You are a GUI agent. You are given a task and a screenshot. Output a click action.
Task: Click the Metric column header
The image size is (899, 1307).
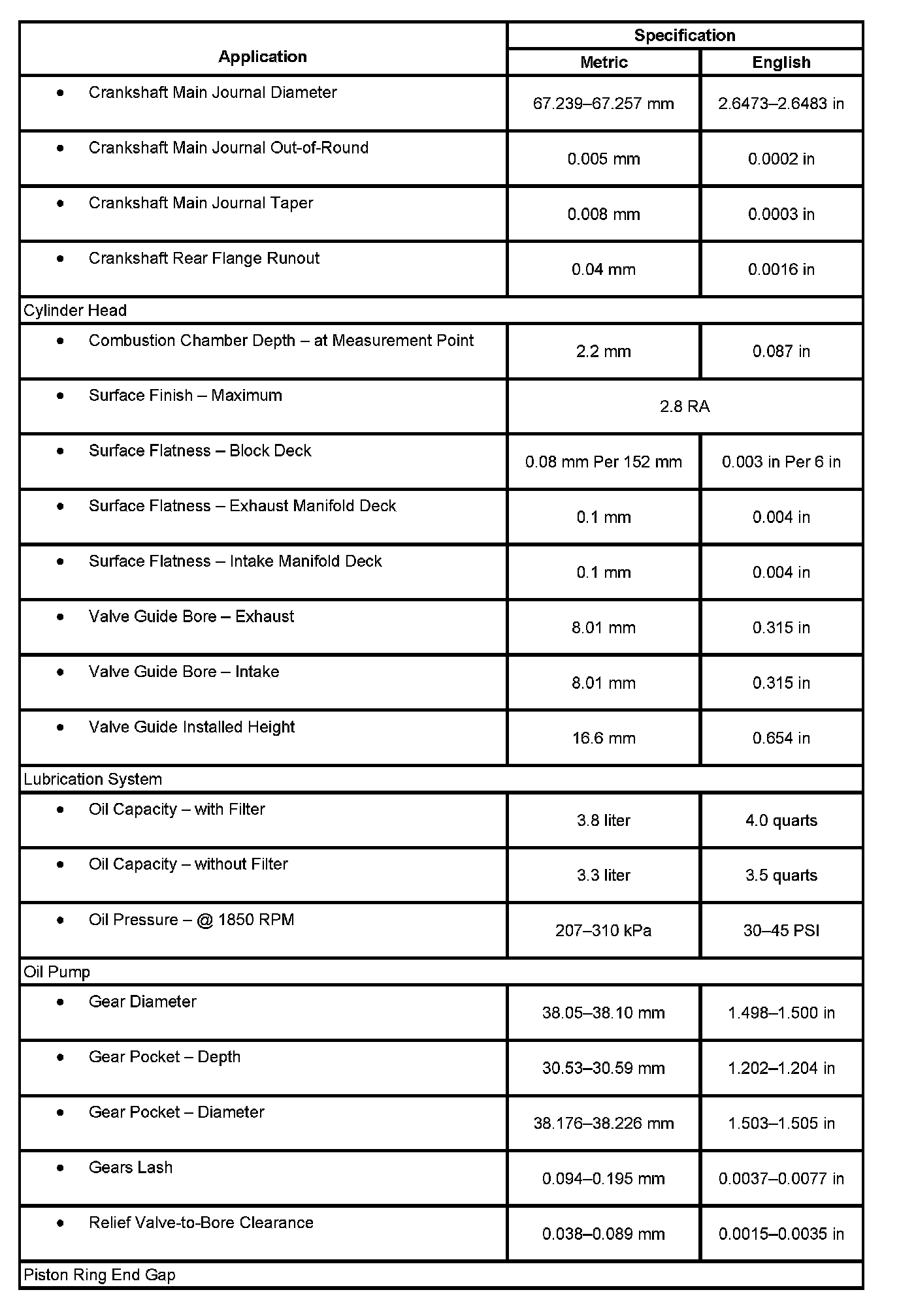pos(604,62)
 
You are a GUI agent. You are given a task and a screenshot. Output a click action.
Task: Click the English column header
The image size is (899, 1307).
pos(781,62)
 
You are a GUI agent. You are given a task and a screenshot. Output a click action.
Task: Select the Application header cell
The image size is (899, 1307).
pos(262,57)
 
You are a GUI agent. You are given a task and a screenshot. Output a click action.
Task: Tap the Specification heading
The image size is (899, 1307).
pos(684,35)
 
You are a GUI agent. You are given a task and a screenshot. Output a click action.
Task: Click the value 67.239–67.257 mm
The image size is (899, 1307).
pos(603,103)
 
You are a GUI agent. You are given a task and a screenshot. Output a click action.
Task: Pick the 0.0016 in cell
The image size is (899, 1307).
pos(781,269)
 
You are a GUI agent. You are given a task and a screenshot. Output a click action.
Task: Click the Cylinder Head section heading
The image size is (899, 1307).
pos(75,310)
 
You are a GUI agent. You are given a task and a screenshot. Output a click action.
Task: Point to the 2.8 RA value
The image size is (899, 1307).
pos(684,406)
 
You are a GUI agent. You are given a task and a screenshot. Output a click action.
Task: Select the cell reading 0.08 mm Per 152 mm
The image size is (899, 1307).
pos(603,462)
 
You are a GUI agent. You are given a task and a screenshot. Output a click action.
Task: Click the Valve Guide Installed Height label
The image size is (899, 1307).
pos(191,727)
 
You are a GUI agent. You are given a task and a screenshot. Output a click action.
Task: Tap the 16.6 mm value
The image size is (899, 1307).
pos(603,738)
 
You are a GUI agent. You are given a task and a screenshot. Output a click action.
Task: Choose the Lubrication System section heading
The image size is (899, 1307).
pos(93,779)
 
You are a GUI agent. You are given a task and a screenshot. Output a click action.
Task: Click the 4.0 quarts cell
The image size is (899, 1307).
pos(781,820)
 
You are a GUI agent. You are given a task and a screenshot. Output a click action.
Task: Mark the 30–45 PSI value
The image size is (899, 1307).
pos(781,930)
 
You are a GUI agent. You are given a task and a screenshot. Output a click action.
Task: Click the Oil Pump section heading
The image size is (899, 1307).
pos(57,971)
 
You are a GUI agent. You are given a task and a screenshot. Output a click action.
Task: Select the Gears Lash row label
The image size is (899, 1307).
pos(131,1167)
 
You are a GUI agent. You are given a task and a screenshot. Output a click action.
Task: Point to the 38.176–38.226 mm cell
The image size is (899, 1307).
pos(603,1123)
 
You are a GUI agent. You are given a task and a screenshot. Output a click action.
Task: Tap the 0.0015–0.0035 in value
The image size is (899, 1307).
pos(781,1233)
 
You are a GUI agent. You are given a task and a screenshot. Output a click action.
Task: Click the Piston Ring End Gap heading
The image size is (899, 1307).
pos(99,1274)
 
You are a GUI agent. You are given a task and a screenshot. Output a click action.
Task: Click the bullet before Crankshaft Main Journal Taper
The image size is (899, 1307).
pos(61,203)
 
